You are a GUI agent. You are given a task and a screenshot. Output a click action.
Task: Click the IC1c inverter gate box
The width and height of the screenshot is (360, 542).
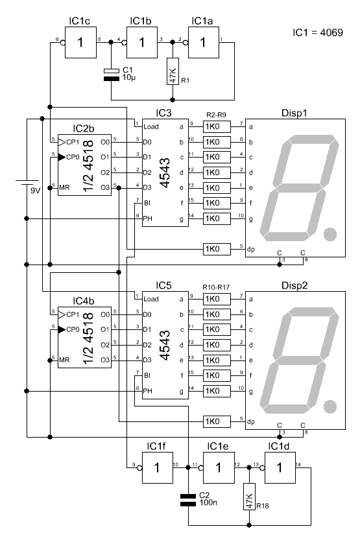click(x=80, y=43)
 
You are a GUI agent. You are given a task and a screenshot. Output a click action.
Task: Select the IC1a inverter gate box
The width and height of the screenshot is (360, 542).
click(x=203, y=43)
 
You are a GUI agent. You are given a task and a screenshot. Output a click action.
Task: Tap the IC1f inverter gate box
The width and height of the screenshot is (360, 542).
click(x=158, y=467)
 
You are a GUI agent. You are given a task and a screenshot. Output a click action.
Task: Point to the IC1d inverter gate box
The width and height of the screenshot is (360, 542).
click(x=280, y=467)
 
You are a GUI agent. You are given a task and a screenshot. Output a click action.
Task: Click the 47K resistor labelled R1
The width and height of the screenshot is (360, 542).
click(x=173, y=71)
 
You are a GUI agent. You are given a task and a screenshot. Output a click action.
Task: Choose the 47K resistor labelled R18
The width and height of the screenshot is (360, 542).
click(x=249, y=497)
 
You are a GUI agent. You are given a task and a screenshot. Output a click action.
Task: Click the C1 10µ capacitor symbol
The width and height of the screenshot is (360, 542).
click(x=112, y=75)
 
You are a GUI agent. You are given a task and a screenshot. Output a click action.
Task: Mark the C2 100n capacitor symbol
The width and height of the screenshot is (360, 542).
click(x=188, y=500)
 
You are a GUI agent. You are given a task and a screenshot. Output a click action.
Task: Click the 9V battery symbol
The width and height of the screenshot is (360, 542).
click(x=27, y=182)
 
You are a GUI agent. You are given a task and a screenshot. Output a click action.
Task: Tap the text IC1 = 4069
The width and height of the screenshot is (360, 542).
click(x=318, y=32)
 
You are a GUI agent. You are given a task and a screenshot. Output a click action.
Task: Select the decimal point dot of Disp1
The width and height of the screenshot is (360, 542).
click(x=330, y=234)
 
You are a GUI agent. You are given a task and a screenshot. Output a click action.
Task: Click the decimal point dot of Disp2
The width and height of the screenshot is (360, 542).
click(x=330, y=406)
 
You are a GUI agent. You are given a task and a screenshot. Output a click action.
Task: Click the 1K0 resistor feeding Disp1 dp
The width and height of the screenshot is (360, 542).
click(x=217, y=249)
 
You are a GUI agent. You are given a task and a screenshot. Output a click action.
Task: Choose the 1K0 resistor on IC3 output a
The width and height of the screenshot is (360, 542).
click(x=217, y=126)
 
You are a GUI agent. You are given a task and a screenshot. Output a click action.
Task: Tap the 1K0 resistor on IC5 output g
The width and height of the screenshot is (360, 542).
click(x=217, y=391)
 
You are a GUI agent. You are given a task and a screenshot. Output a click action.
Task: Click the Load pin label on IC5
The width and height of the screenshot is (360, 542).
click(x=151, y=299)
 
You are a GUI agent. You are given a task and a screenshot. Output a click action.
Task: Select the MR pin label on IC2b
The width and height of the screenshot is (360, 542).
click(x=64, y=187)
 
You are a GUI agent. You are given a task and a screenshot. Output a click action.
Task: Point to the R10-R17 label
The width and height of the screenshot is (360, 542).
click(x=216, y=287)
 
